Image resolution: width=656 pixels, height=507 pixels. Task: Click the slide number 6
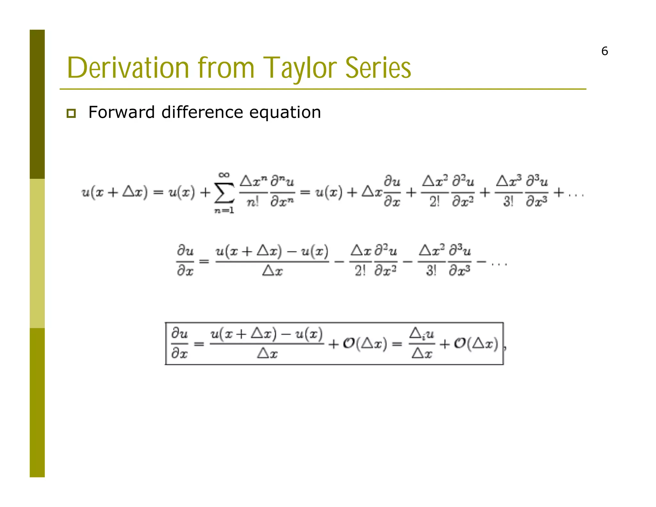tap(604, 51)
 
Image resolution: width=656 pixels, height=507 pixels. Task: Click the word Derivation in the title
tap(128, 68)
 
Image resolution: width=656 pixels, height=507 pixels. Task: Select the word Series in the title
tap(378, 68)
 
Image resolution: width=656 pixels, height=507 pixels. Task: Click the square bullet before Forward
tap(71, 113)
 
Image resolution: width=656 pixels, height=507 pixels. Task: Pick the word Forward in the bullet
tap(121, 112)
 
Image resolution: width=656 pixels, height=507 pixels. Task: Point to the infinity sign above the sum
tap(224, 175)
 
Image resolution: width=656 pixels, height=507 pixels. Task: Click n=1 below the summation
tap(224, 211)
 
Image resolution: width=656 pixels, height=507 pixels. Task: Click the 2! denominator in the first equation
tap(434, 202)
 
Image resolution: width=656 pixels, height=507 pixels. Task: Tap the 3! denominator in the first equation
tap(508, 202)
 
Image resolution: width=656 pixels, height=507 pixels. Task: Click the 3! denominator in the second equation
tap(431, 271)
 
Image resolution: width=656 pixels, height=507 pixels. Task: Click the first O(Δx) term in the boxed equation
tap(365, 344)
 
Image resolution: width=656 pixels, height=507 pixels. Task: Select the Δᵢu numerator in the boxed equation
tap(422, 334)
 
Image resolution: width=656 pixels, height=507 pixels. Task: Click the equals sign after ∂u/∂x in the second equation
tap(204, 261)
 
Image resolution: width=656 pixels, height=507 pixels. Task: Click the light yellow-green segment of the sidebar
tap(37, 253)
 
